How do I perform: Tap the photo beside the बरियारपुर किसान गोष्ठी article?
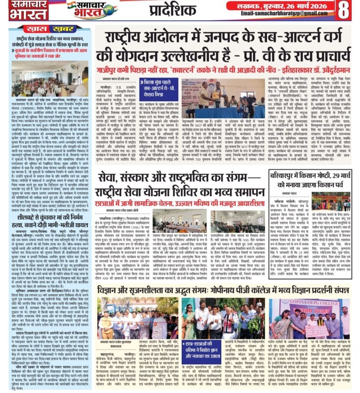331,201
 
